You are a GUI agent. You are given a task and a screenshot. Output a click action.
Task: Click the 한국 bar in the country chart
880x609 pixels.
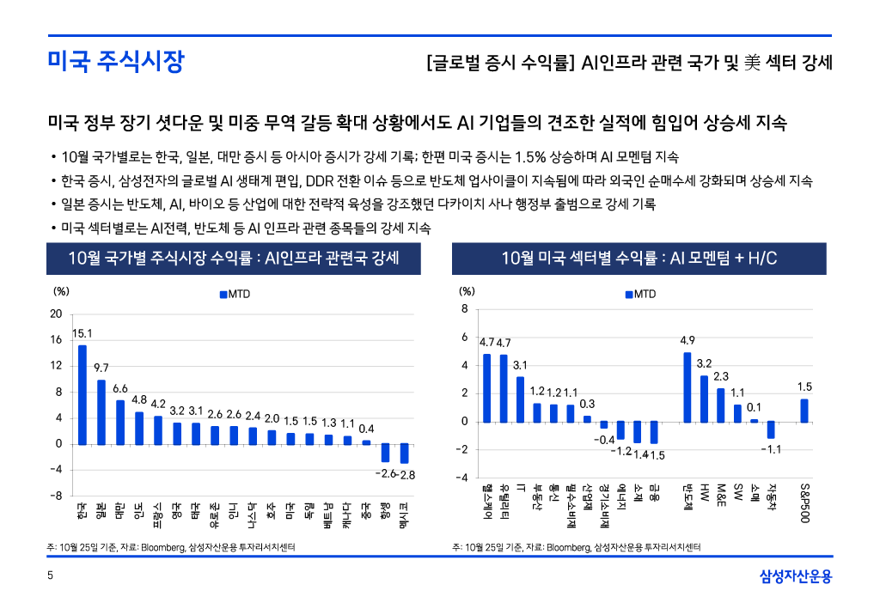point(82,394)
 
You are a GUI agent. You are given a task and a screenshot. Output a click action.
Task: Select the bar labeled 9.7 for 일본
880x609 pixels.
point(101,412)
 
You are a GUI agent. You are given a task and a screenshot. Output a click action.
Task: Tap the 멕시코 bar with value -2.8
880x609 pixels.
point(404,454)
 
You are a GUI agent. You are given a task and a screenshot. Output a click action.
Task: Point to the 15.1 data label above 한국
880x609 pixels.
point(82,333)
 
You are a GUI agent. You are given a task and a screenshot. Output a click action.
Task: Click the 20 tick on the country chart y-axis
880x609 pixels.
point(55,314)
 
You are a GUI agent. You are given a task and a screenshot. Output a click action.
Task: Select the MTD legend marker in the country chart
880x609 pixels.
point(223,295)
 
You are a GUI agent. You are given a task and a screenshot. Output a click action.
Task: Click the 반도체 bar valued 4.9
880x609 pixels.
point(687,387)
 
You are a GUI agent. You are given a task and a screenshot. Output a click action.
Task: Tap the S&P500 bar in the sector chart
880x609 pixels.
point(804,411)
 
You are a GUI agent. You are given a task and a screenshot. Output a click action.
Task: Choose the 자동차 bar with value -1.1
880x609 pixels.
point(771,429)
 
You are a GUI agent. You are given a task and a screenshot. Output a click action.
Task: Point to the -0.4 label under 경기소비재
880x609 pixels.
point(604,440)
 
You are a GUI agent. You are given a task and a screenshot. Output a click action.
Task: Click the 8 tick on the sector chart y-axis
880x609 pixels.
point(464,309)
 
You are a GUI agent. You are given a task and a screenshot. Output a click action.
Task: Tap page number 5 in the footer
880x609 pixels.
point(51,576)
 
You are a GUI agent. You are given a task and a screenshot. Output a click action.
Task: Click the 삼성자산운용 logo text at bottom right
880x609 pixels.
point(796,576)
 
